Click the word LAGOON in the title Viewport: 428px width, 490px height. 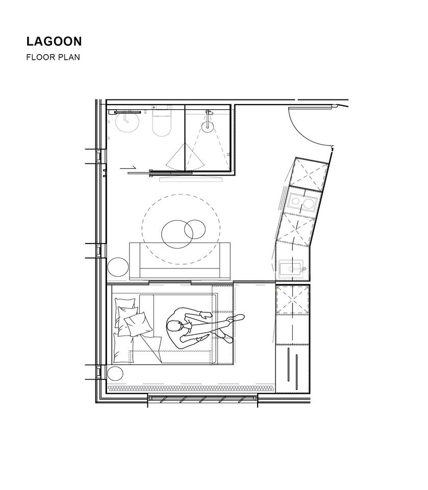[x=54, y=41]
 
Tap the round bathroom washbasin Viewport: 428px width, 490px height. [x=127, y=121]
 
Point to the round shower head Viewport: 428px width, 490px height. [x=208, y=126]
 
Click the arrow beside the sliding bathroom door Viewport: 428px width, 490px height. [x=128, y=168]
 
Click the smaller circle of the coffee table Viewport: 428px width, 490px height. [x=195, y=229]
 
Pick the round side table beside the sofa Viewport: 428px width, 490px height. [x=118, y=266]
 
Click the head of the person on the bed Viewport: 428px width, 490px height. [x=174, y=326]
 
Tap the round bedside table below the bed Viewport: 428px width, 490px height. [x=115, y=374]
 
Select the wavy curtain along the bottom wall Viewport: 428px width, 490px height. [x=191, y=388]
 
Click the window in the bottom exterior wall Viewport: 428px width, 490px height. [x=203, y=399]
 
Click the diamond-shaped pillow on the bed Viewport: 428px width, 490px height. [x=138, y=324]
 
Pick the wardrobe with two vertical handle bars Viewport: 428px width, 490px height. [x=293, y=368]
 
